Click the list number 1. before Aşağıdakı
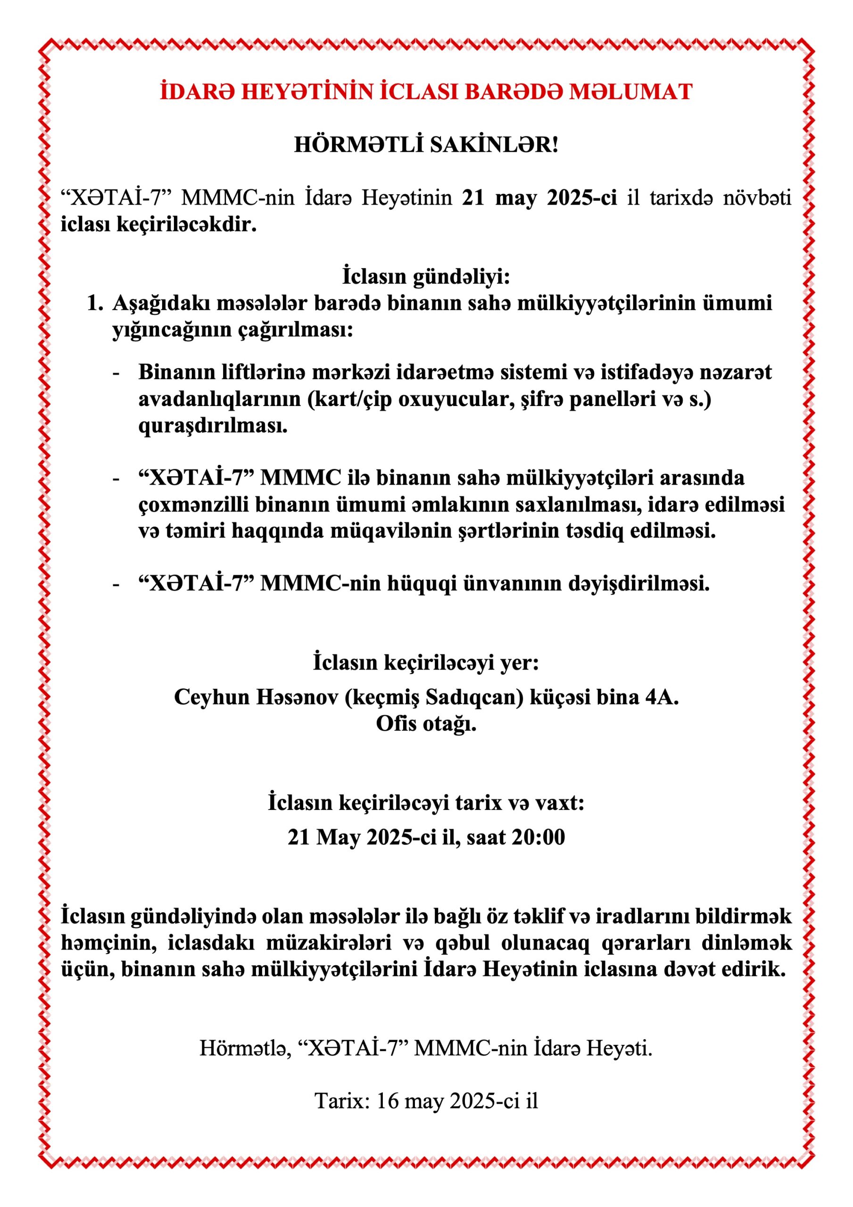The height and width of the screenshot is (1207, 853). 95,303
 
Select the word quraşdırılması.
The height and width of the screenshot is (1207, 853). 213,426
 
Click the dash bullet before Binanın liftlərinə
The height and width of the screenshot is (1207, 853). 116,372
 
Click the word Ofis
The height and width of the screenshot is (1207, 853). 395,724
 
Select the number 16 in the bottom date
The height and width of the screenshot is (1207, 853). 388,1101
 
